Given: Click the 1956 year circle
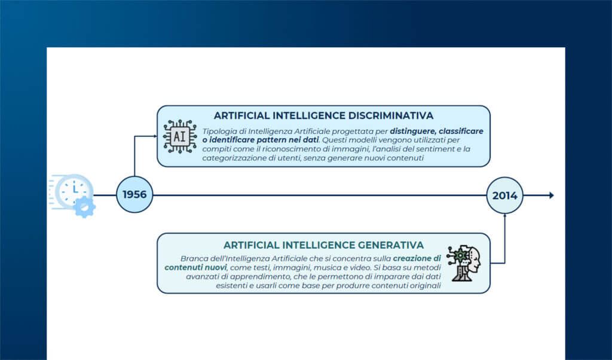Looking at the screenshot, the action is coord(134,195).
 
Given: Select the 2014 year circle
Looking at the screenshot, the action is coord(505,195).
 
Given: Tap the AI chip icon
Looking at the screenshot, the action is coord(179,136).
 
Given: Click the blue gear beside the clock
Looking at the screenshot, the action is coord(85,207).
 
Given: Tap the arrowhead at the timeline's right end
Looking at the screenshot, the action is coord(551,195).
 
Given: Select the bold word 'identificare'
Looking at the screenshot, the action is coord(235,139).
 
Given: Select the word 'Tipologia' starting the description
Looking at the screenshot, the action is coord(221,130).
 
